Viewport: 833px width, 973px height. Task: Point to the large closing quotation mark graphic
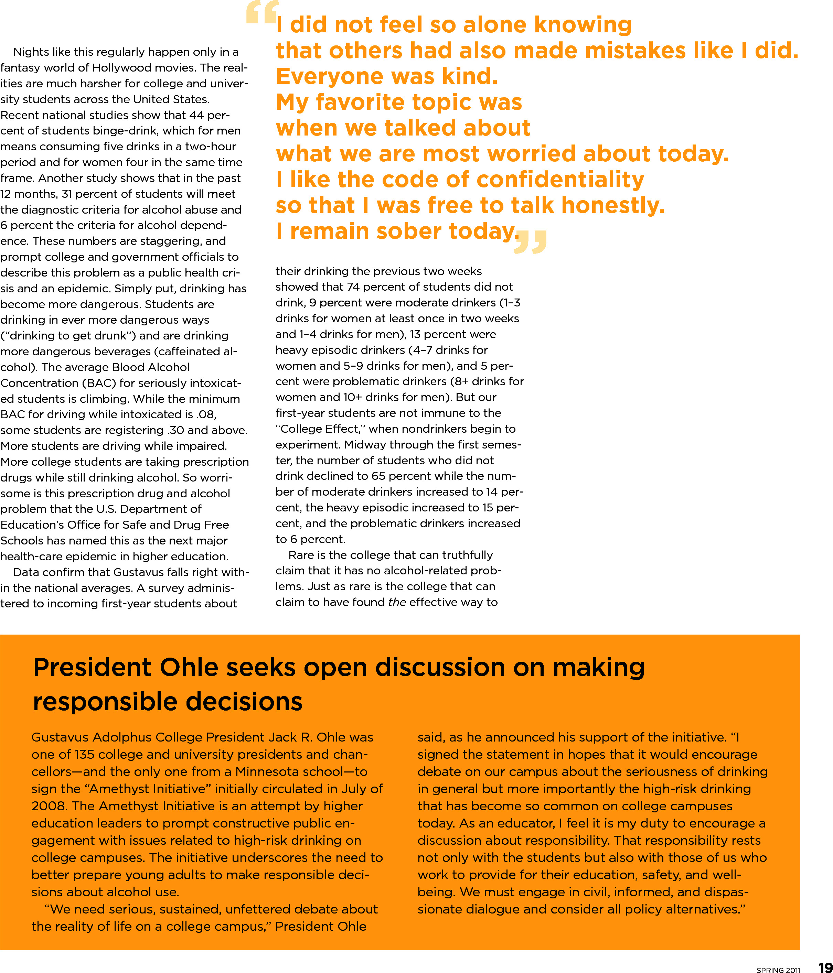click(x=531, y=241)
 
